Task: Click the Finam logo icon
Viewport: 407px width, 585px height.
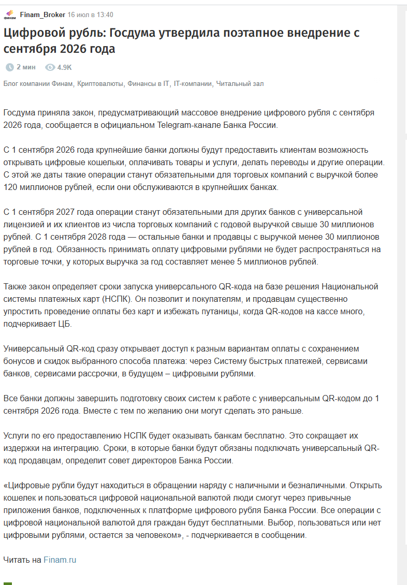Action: coord(10,15)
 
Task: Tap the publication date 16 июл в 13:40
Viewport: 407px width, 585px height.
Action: coord(91,14)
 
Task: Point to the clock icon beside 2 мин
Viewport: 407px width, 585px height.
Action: coord(9,67)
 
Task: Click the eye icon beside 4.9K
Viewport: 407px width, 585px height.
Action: coord(50,67)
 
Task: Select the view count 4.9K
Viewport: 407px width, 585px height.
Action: coord(65,67)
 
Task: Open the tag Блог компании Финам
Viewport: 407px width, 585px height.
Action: coord(39,84)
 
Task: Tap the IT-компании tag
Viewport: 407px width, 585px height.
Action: coord(193,84)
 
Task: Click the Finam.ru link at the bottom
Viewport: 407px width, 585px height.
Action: coord(60,560)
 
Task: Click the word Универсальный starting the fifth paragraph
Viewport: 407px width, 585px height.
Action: coord(33,349)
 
